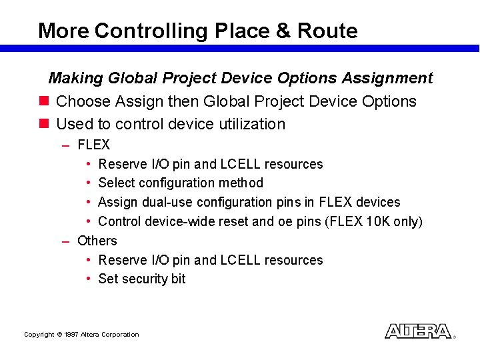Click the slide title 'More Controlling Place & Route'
(x=197, y=31)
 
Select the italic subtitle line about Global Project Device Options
(x=240, y=78)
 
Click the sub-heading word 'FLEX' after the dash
(x=93, y=145)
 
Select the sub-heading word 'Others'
(x=97, y=241)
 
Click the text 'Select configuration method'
(x=180, y=183)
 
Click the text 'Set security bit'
(x=141, y=279)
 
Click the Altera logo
(x=418, y=331)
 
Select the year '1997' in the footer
(x=71, y=335)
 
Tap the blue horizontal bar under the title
(x=240, y=49)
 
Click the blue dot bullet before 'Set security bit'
(x=89, y=279)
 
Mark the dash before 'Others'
(x=65, y=241)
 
